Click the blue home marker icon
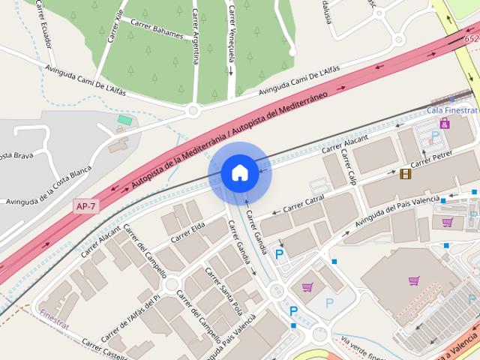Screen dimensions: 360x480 (x=239, y=172)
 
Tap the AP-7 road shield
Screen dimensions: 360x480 (x=86, y=205)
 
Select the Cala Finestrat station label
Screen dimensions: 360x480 (x=451, y=110)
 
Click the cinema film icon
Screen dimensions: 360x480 (x=406, y=174)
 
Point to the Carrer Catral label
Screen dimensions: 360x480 (x=303, y=202)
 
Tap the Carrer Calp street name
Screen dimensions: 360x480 (x=348, y=167)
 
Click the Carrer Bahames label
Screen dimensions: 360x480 (x=157, y=29)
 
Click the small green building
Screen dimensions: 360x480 (x=124, y=120)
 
